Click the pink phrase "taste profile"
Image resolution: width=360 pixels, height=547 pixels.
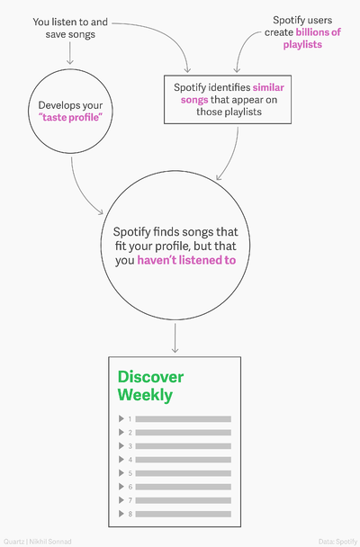pyautogui.click(x=71, y=118)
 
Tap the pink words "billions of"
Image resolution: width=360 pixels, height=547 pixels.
pyautogui.click(x=318, y=32)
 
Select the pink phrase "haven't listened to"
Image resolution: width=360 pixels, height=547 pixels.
pyautogui.click(x=186, y=260)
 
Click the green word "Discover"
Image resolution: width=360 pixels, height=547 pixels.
pyautogui.click(x=150, y=377)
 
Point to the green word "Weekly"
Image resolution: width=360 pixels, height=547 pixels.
pyautogui.click(x=145, y=395)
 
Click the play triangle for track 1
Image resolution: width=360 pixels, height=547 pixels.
pyautogui.click(x=121, y=418)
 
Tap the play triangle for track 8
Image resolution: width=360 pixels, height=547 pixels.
pyautogui.click(x=121, y=514)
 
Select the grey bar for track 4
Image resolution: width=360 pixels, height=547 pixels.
pyautogui.click(x=183, y=460)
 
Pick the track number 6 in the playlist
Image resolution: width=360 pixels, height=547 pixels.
pyautogui.click(x=130, y=487)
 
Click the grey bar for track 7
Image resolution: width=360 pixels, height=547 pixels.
pyautogui.click(x=183, y=500)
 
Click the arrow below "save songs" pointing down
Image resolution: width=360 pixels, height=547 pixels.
pyautogui.click(x=70, y=53)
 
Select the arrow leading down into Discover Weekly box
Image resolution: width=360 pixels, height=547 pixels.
pyautogui.click(x=175, y=337)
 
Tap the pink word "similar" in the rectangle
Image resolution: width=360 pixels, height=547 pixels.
pyautogui.click(x=268, y=87)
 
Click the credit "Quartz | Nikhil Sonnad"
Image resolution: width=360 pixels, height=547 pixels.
pyautogui.click(x=38, y=542)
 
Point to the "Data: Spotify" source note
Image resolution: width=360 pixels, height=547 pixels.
pyautogui.click(x=337, y=542)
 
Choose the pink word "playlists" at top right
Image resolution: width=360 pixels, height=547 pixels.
pyautogui.click(x=302, y=45)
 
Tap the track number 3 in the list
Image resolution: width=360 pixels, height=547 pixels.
pyautogui.click(x=130, y=446)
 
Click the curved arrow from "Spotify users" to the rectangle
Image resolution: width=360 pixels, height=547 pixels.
pyautogui.click(x=243, y=45)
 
